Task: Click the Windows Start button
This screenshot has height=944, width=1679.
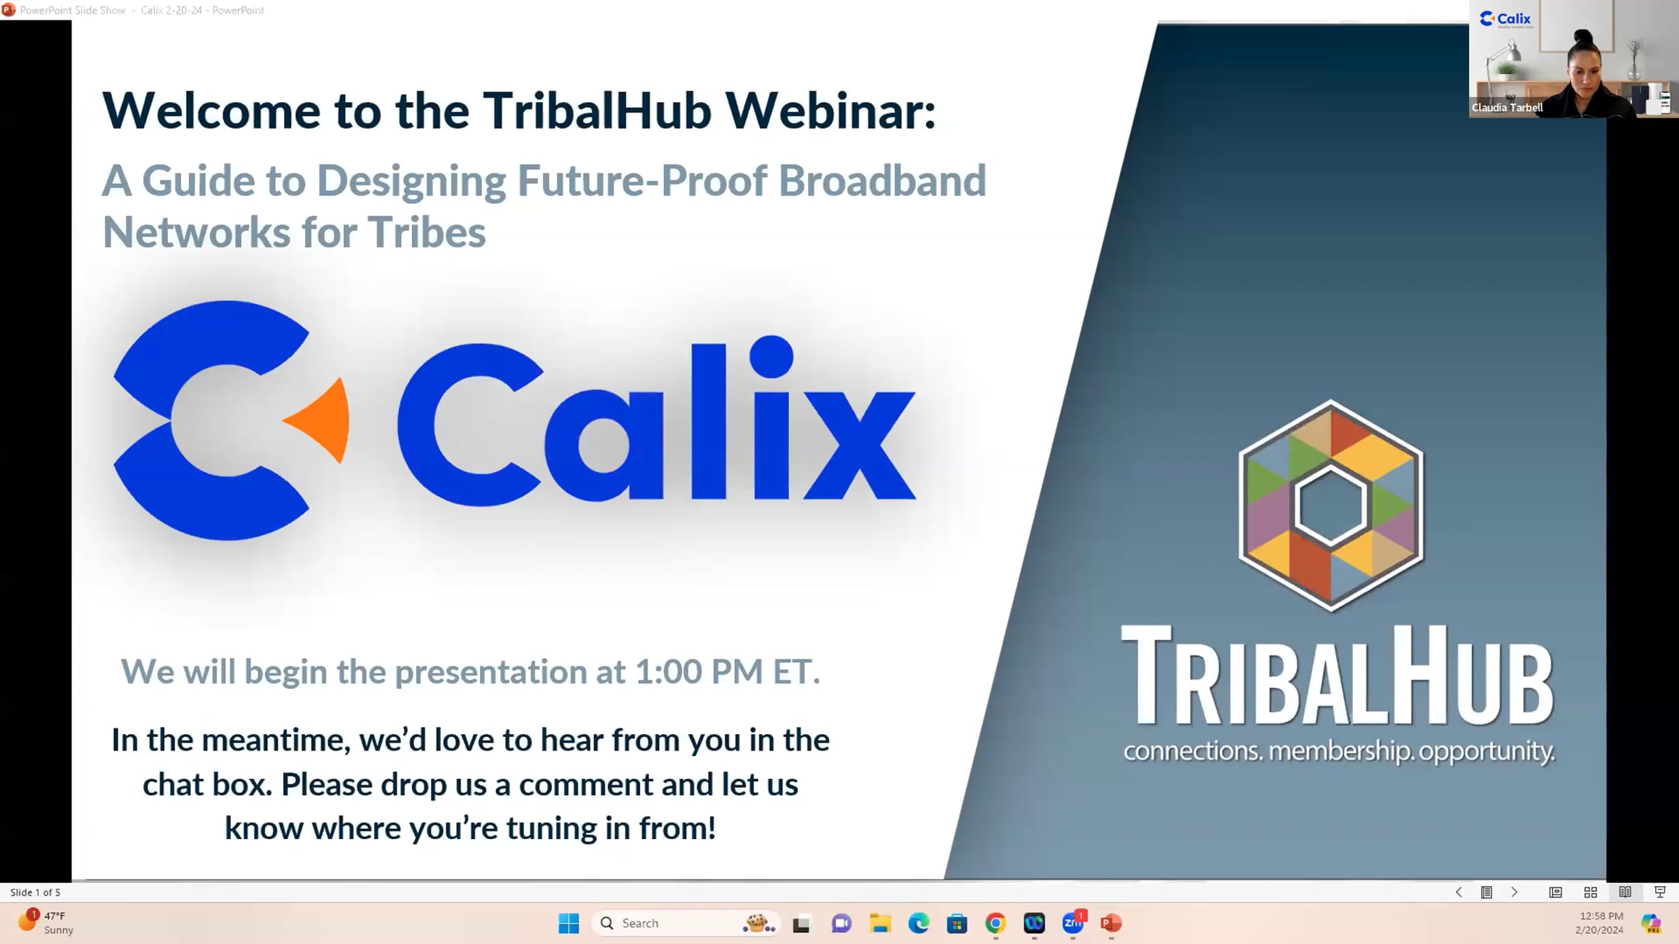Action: pos(569,923)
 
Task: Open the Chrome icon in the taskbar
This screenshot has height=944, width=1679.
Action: pos(996,923)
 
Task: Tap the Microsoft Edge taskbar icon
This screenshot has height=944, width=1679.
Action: pos(919,923)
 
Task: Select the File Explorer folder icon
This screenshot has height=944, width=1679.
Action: pos(880,923)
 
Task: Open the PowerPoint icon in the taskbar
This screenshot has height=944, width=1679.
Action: pos(1111,923)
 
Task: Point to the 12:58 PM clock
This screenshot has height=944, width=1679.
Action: pos(1601,915)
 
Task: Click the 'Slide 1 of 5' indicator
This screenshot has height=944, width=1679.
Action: pos(36,892)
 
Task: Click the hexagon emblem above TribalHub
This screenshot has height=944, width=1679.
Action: pos(1331,506)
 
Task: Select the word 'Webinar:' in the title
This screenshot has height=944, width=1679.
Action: pos(830,111)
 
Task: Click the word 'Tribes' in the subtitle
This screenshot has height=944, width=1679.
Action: pos(427,232)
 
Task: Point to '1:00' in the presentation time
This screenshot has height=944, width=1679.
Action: pos(668,671)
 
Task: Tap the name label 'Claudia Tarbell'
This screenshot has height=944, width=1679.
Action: pos(1507,108)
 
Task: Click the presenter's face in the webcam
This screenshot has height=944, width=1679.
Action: pos(1585,71)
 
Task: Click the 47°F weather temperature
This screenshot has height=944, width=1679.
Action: pos(55,915)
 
